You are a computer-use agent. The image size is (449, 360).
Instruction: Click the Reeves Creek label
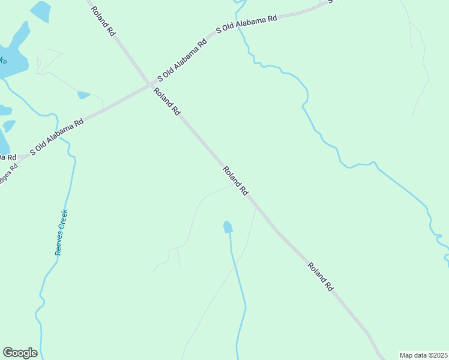[62, 232]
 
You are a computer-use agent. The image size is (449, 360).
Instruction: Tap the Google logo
[20, 353]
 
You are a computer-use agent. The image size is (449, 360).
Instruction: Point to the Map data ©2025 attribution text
[423, 355]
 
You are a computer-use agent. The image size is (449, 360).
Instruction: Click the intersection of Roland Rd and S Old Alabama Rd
[149, 84]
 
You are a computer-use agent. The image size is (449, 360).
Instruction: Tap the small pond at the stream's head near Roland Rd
[228, 227]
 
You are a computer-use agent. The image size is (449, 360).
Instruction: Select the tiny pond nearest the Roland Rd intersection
[83, 95]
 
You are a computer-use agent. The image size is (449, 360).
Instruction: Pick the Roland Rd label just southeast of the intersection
[167, 101]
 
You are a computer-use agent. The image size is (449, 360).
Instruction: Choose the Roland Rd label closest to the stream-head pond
[236, 181]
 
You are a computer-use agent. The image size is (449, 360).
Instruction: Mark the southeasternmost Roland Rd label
[321, 277]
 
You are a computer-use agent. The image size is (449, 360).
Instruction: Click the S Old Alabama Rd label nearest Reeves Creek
[56, 136]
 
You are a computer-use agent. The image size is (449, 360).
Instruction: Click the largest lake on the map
[12, 54]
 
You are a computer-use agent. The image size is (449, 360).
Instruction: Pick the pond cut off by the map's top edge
[40, 9]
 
